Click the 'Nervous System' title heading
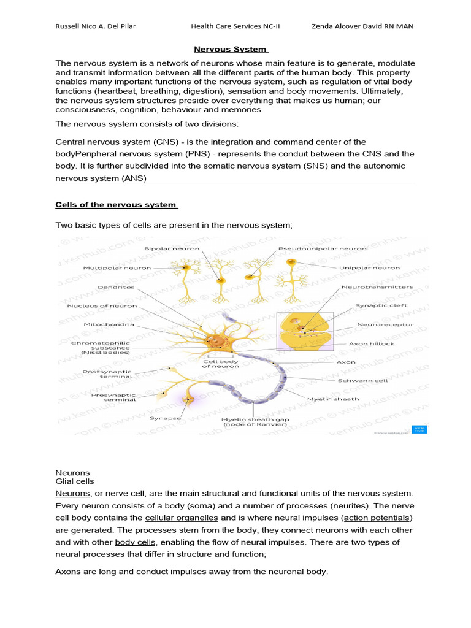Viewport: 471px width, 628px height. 231,49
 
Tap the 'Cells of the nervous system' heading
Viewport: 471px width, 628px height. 117,204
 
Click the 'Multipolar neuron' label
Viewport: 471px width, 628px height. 117,268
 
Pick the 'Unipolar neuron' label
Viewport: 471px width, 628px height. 369,268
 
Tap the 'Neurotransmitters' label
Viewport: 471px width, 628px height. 377,286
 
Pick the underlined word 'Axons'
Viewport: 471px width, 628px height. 68,571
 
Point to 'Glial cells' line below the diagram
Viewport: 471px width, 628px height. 75,482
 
